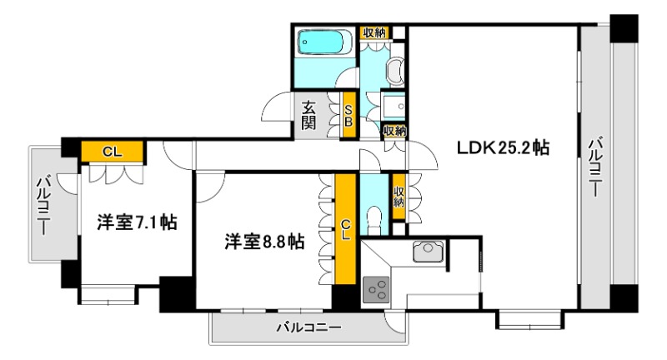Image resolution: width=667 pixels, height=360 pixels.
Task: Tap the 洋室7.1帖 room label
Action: (136, 222)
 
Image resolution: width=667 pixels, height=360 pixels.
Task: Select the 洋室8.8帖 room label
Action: (263, 242)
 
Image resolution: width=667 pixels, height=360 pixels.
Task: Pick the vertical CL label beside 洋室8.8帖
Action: (345, 228)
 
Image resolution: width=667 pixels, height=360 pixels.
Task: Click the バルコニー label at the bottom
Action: (308, 328)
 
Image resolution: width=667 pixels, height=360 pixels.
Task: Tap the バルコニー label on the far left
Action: (43, 204)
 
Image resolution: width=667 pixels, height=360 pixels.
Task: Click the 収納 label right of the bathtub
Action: (374, 32)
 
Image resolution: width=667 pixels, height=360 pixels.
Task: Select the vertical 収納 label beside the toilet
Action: (399, 197)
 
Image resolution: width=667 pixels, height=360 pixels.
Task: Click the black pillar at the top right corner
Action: (622, 30)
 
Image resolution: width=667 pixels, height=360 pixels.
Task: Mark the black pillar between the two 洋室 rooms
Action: (177, 293)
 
